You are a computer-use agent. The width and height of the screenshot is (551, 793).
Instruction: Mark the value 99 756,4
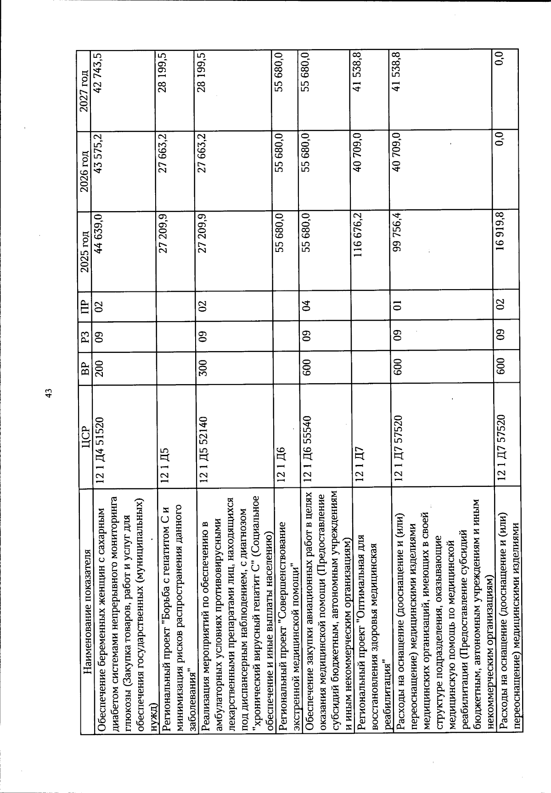pyautogui.click(x=396, y=235)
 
